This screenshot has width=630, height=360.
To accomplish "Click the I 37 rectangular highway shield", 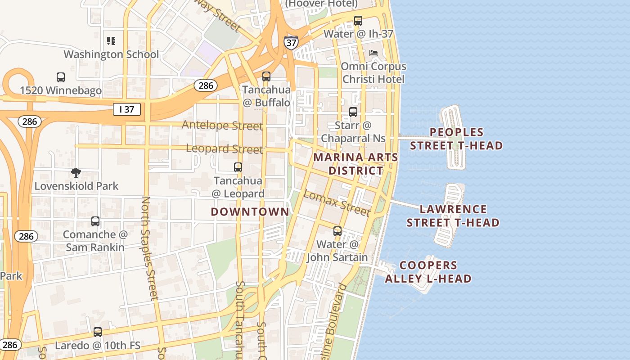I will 126,109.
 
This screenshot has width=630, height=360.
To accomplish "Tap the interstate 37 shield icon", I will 291,42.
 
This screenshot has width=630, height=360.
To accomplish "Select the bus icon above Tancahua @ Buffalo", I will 266,76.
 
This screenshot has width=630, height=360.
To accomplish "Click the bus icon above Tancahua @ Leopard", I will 238,167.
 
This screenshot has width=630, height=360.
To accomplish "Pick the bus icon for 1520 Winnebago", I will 61,77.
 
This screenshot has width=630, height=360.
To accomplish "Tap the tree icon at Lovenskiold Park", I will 76,172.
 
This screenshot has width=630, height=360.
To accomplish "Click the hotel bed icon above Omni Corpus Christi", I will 373,53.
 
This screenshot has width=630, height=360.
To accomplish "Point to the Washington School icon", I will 111,41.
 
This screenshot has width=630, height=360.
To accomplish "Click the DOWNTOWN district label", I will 250,211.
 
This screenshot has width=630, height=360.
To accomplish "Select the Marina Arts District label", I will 355,164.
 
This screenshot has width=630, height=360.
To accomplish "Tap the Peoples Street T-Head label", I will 456,139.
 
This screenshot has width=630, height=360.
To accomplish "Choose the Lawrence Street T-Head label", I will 453,216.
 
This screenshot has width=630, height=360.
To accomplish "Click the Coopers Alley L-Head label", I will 428,272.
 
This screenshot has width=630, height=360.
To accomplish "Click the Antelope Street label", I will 222,125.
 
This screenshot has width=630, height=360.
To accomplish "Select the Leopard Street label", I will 224,148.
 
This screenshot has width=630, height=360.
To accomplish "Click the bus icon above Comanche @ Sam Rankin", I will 95,221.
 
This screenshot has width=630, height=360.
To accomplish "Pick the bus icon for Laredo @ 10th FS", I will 98,332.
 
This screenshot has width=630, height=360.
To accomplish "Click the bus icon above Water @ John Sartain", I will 337,231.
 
